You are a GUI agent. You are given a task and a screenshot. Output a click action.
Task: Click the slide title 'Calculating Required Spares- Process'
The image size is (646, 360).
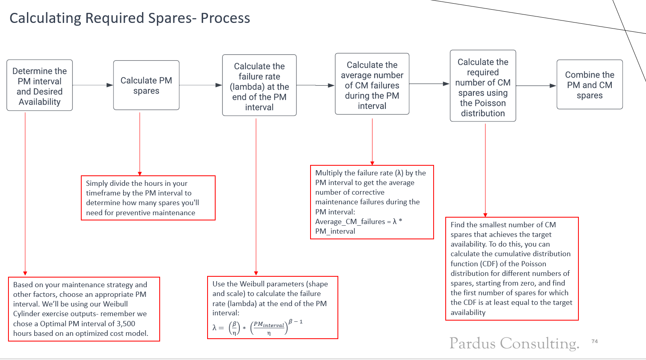(x=130, y=19)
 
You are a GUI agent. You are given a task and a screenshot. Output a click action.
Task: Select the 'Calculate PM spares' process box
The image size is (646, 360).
(x=146, y=85)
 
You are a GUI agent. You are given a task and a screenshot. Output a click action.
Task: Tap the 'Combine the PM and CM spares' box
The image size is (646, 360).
(x=589, y=85)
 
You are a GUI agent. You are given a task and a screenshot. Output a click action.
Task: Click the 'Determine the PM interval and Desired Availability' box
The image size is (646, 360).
(x=39, y=86)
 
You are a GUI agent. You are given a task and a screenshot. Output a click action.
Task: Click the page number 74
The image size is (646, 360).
(x=595, y=341)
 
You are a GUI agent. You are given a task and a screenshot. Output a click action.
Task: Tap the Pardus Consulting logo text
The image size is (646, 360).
(x=514, y=343)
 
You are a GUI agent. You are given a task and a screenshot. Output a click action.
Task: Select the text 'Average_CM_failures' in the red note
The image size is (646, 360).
(x=350, y=222)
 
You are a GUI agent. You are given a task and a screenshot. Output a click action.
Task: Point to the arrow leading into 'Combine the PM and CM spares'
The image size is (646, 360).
(x=536, y=86)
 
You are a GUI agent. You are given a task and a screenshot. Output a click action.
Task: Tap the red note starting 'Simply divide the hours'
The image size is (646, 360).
(x=148, y=198)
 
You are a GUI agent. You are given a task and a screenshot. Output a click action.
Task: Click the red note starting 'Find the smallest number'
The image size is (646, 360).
(x=512, y=268)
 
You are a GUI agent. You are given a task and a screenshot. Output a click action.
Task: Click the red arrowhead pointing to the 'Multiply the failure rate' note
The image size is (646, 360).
(x=372, y=163)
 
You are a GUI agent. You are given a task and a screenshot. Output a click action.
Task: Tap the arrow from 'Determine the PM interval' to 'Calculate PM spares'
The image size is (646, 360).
(x=93, y=85)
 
